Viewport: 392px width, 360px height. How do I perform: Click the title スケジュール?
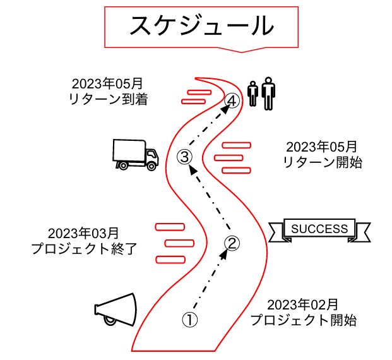pyautogui.click(x=201, y=25)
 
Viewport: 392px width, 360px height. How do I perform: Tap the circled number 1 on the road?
pyautogui.click(x=190, y=319)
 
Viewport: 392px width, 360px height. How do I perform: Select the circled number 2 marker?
pyautogui.click(x=232, y=243)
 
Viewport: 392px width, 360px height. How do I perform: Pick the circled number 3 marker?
pyautogui.click(x=184, y=156)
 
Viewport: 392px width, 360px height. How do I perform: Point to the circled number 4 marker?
pyautogui.click(x=233, y=100)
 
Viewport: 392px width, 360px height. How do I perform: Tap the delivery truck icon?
pyautogui.click(x=134, y=154)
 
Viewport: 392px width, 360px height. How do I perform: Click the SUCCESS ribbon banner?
pyautogui.click(x=319, y=229)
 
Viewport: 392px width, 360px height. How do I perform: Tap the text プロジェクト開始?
pyautogui.click(x=303, y=320)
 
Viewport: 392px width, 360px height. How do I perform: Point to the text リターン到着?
pyautogui.click(x=107, y=99)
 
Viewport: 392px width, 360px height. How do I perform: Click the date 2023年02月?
pyautogui.click(x=303, y=304)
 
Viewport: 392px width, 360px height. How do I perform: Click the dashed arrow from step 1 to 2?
pyautogui.click(x=211, y=281)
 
